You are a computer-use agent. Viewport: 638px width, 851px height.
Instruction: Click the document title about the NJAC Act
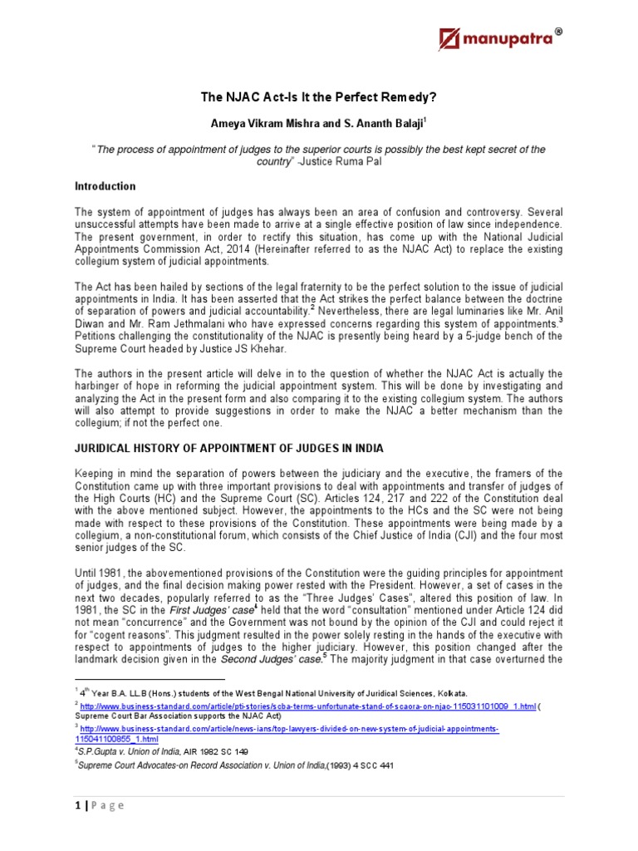[319, 96]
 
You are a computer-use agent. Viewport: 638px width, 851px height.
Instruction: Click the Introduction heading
[105, 186]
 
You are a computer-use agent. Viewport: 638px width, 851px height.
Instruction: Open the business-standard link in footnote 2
[307, 704]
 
